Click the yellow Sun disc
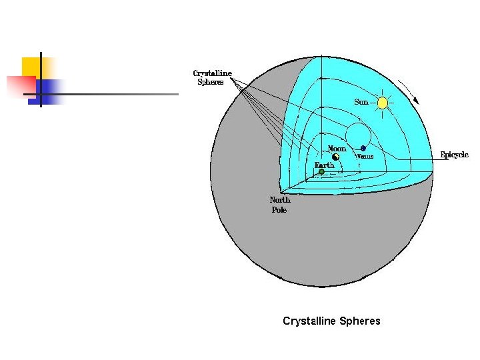coord(382,103)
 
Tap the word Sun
coord(361,103)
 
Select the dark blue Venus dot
coord(363,148)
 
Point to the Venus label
coord(365,156)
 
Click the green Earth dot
coord(321,172)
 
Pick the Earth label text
coord(324,165)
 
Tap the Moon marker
coord(336,157)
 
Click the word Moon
coord(337,148)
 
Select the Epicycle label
coord(454,155)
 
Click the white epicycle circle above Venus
coord(358,134)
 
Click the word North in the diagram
coord(280,200)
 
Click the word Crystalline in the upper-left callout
coord(212,73)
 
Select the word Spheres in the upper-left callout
coord(210,82)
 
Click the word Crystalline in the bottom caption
coord(309,321)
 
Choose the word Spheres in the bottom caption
coord(360,321)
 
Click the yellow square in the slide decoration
coord(31,66)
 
